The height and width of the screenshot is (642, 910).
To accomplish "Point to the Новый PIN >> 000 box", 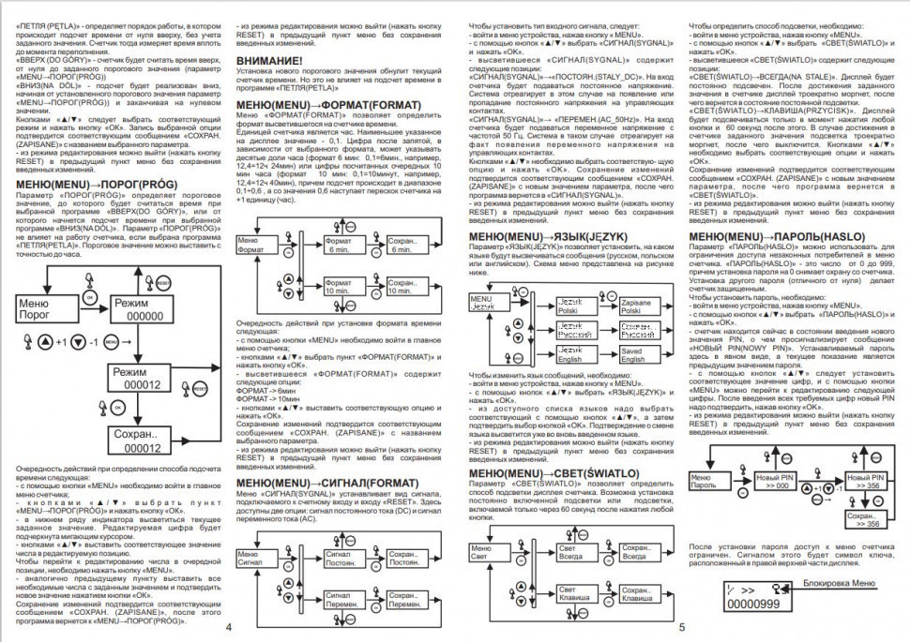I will (x=775, y=482).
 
